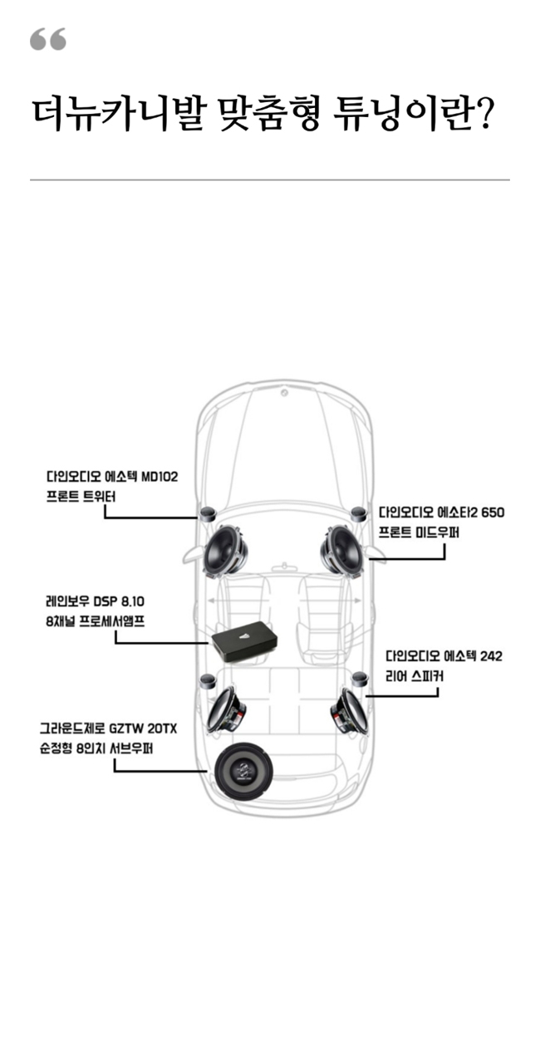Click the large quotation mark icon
[48, 39]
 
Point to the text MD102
[160, 477]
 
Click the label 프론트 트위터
[81, 497]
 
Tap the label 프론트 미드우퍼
[419, 532]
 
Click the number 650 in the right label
[492, 512]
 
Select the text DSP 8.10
[119, 601]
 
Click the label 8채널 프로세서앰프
[96, 621]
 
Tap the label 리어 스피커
[415, 676]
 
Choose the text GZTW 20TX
[143, 729]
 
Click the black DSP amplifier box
[244, 641]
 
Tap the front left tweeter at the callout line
[207, 513]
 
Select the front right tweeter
[359, 513]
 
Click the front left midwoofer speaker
[224, 550]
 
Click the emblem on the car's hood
[284, 393]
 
